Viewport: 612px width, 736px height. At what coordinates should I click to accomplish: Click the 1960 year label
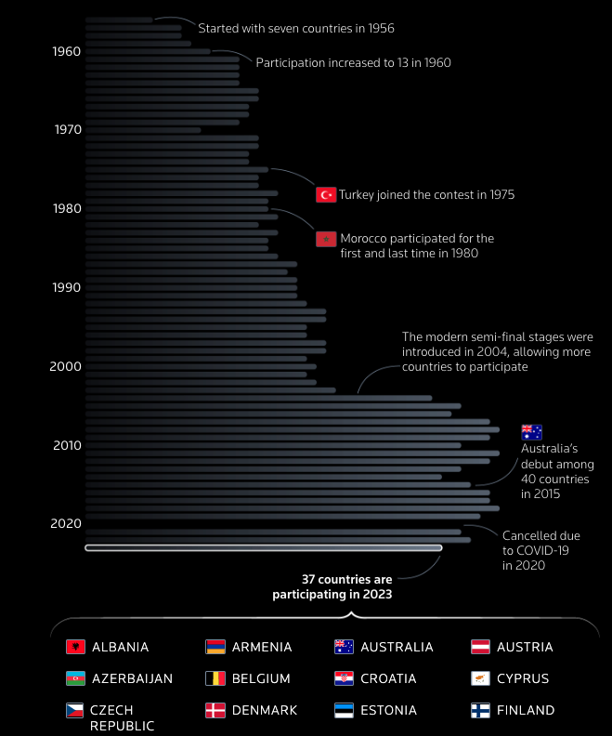(67, 51)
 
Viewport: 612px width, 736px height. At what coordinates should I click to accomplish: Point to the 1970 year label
(67, 130)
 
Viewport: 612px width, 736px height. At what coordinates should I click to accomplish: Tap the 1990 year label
(67, 287)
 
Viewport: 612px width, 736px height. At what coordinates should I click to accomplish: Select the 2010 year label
(67, 445)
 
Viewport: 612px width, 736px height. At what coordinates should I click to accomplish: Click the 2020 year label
(67, 523)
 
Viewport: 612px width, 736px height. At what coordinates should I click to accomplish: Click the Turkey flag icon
(326, 194)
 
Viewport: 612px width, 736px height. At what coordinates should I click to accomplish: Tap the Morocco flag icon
(326, 240)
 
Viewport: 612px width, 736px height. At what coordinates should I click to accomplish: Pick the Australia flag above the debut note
(531, 431)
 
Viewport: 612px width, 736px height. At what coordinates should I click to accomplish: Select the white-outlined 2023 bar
(263, 547)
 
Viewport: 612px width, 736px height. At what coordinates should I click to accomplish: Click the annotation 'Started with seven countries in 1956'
(296, 29)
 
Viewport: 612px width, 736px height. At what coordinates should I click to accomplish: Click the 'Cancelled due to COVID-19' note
(540, 550)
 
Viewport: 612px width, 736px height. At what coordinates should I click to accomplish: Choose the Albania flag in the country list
(76, 647)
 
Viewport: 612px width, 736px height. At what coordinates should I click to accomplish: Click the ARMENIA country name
(262, 647)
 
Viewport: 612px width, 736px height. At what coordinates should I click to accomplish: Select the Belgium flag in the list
(215, 678)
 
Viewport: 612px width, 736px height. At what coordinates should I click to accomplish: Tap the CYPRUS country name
(523, 678)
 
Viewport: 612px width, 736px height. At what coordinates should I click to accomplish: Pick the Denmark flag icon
(215, 710)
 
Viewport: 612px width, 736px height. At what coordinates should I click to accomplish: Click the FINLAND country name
(526, 710)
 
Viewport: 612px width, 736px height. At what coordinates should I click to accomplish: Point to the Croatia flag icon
(345, 678)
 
